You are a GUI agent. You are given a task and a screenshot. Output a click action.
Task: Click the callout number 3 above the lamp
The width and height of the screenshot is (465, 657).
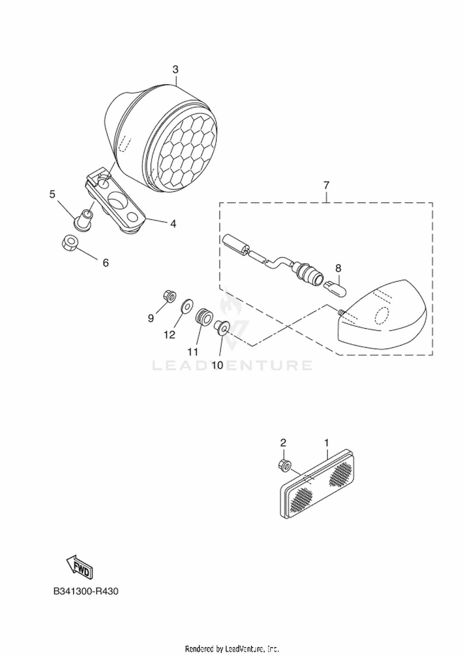pyautogui.click(x=175, y=69)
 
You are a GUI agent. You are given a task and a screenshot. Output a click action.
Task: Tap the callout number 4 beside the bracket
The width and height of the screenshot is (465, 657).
pyautogui.click(x=173, y=224)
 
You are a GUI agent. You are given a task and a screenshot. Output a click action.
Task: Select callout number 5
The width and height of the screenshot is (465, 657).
pyautogui.click(x=52, y=194)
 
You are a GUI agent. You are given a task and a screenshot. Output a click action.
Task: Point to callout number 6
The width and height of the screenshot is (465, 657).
pyautogui.click(x=106, y=263)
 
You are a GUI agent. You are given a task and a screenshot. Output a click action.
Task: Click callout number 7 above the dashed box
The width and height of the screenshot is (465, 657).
pyautogui.click(x=326, y=185)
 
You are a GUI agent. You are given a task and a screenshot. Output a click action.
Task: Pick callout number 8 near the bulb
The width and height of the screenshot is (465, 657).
pyautogui.click(x=338, y=268)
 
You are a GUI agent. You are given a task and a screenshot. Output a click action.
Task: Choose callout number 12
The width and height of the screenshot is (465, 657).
pyautogui.click(x=170, y=334)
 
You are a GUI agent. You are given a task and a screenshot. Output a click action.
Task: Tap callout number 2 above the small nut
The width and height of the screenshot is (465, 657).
pyautogui.click(x=283, y=443)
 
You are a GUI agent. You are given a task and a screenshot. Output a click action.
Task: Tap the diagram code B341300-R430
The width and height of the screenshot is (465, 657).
pyautogui.click(x=86, y=591)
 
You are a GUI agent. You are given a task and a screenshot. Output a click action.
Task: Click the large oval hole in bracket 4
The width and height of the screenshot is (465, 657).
pyautogui.click(x=117, y=201)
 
